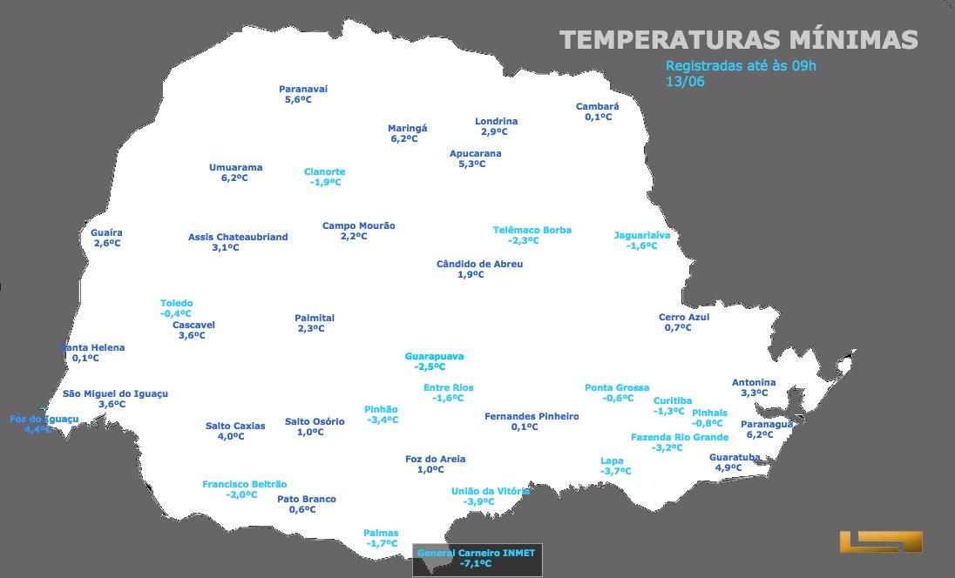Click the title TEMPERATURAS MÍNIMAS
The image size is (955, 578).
pyautogui.click(x=738, y=40)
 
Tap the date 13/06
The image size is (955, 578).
pyautogui.click(x=685, y=82)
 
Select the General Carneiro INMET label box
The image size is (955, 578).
pyautogui.click(x=477, y=559)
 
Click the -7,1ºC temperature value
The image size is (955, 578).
pyautogui.click(x=476, y=564)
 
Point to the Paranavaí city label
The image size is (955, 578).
pyautogui.click(x=303, y=89)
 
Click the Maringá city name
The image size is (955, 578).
pyautogui.click(x=408, y=128)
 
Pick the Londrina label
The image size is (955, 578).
pyautogui.click(x=497, y=122)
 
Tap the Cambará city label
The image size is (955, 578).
pyautogui.click(x=598, y=107)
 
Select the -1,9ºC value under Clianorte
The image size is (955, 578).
pyautogui.click(x=325, y=183)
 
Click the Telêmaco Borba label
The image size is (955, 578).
pyautogui.click(x=532, y=231)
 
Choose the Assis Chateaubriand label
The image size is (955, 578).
pyautogui.click(x=238, y=238)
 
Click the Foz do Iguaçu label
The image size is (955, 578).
pyautogui.click(x=44, y=420)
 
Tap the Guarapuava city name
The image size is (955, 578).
pyautogui.click(x=435, y=357)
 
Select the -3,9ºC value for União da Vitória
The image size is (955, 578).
pyautogui.click(x=479, y=502)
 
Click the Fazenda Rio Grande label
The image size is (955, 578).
pyautogui.click(x=680, y=438)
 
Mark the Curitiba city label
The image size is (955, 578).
pyautogui.click(x=673, y=401)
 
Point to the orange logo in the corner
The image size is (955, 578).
pyautogui.click(x=880, y=541)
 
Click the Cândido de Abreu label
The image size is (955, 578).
pyautogui.click(x=480, y=265)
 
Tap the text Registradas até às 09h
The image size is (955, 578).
pyautogui.click(x=741, y=66)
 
